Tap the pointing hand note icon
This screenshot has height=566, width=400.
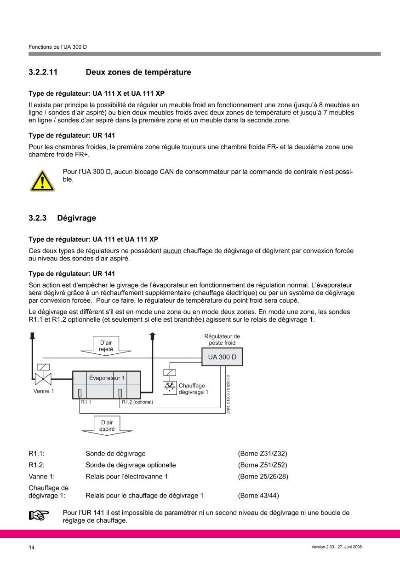[39, 516]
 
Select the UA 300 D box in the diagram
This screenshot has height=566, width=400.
[222, 357]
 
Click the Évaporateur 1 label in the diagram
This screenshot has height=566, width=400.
[107, 378]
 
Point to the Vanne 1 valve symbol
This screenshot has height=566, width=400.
[43, 379]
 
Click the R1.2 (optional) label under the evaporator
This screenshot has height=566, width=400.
[137, 402]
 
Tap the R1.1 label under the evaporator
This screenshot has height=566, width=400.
[86, 402]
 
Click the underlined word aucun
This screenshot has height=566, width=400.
[172, 251]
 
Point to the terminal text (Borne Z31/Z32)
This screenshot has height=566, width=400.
[263, 453]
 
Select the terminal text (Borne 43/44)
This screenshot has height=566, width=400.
[258, 496]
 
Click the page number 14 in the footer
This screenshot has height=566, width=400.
[32, 547]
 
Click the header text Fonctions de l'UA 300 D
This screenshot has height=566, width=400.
[57, 47]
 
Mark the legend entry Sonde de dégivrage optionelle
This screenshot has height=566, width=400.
[131, 465]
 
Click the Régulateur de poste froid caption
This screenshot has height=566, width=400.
[222, 340]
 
